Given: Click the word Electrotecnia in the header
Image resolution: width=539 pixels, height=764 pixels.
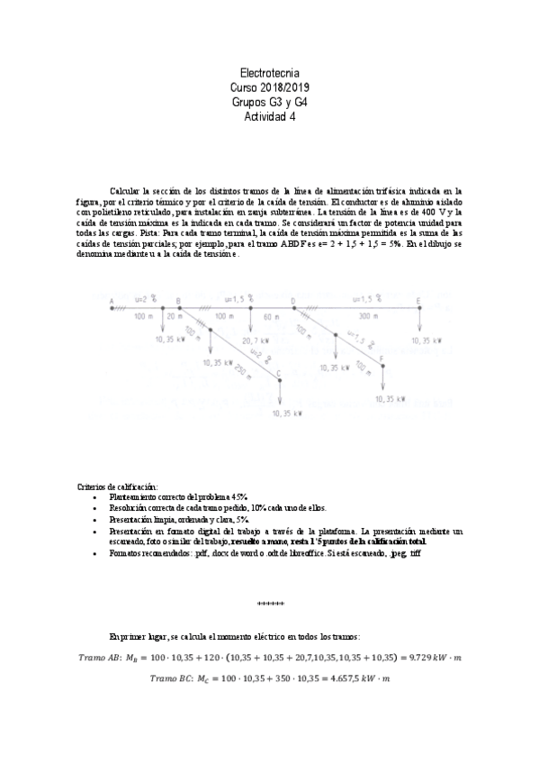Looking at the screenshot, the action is (x=270, y=71).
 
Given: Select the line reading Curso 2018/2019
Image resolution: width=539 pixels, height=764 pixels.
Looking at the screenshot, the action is (x=270, y=86).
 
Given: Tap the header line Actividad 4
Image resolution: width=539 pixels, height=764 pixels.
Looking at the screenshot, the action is (x=270, y=117).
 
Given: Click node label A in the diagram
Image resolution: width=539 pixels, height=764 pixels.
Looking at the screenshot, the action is (x=111, y=301).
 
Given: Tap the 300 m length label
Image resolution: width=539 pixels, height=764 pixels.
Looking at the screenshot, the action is (x=367, y=317).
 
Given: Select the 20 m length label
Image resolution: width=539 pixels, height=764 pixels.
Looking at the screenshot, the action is (x=173, y=317).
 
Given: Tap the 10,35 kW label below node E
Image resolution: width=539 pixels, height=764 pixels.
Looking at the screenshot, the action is (x=426, y=341).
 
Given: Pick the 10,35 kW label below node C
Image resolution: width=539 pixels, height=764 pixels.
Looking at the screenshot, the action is (x=287, y=413).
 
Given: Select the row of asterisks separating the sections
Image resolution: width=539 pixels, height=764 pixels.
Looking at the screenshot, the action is (x=270, y=600).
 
